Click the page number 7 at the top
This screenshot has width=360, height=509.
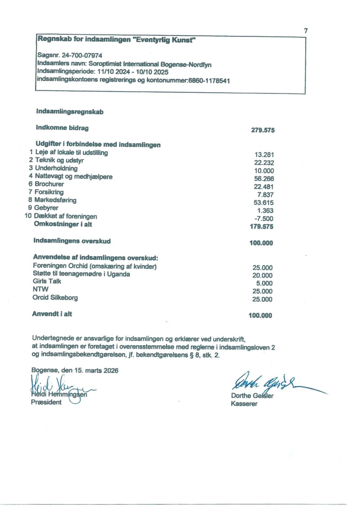click(306, 31)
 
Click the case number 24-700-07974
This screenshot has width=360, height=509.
click(82, 55)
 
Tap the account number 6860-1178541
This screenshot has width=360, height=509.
click(209, 81)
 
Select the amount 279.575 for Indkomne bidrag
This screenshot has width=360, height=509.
click(263, 130)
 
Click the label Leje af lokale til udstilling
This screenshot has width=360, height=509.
click(72, 153)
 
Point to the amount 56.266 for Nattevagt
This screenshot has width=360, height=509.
click(264, 179)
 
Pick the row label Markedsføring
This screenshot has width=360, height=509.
click(55, 200)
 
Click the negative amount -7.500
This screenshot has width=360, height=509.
click(264, 219)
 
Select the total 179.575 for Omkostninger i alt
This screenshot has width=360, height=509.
click(261, 227)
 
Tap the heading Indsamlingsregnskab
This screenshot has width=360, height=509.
click(70, 112)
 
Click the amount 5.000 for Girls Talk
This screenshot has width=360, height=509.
click(264, 283)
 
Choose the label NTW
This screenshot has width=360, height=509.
click(40, 289)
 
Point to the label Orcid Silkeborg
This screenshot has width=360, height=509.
click(55, 298)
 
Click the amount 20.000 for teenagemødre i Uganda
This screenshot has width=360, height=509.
click(262, 275)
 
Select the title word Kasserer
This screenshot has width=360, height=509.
click(244, 404)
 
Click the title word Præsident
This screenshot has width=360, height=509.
click(46, 402)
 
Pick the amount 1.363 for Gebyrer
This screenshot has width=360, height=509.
click(265, 211)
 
